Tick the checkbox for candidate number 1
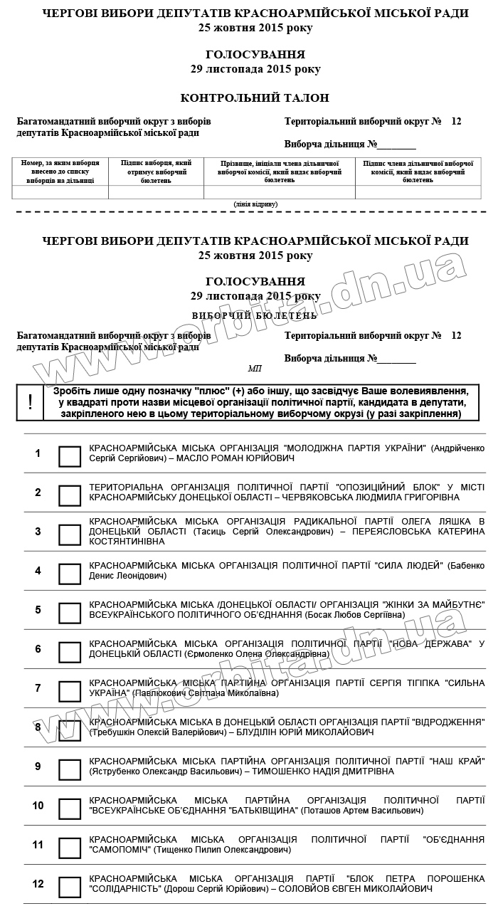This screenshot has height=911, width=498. point(70,457)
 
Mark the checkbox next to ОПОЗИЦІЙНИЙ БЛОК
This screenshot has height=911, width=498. point(70,496)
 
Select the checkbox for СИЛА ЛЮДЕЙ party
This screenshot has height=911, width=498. point(70,574)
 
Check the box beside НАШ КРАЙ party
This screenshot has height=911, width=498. point(70,770)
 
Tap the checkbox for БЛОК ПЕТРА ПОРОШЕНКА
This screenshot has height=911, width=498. point(70,888)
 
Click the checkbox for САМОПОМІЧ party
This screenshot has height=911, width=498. point(70,848)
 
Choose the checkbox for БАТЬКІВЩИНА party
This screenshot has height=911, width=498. point(70,809)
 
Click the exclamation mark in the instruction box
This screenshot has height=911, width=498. point(30,402)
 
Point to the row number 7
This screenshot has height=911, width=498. point(38,688)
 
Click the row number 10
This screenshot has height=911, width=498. point(38,806)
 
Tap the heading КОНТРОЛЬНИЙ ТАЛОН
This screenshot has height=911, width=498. point(255,98)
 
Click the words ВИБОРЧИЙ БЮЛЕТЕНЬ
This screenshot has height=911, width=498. point(255,315)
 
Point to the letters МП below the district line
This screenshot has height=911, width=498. point(255,369)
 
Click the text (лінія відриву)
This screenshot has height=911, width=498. point(255,204)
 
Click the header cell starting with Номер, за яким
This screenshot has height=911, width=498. point(60,172)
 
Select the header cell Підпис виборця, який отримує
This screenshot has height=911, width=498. point(156,172)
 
